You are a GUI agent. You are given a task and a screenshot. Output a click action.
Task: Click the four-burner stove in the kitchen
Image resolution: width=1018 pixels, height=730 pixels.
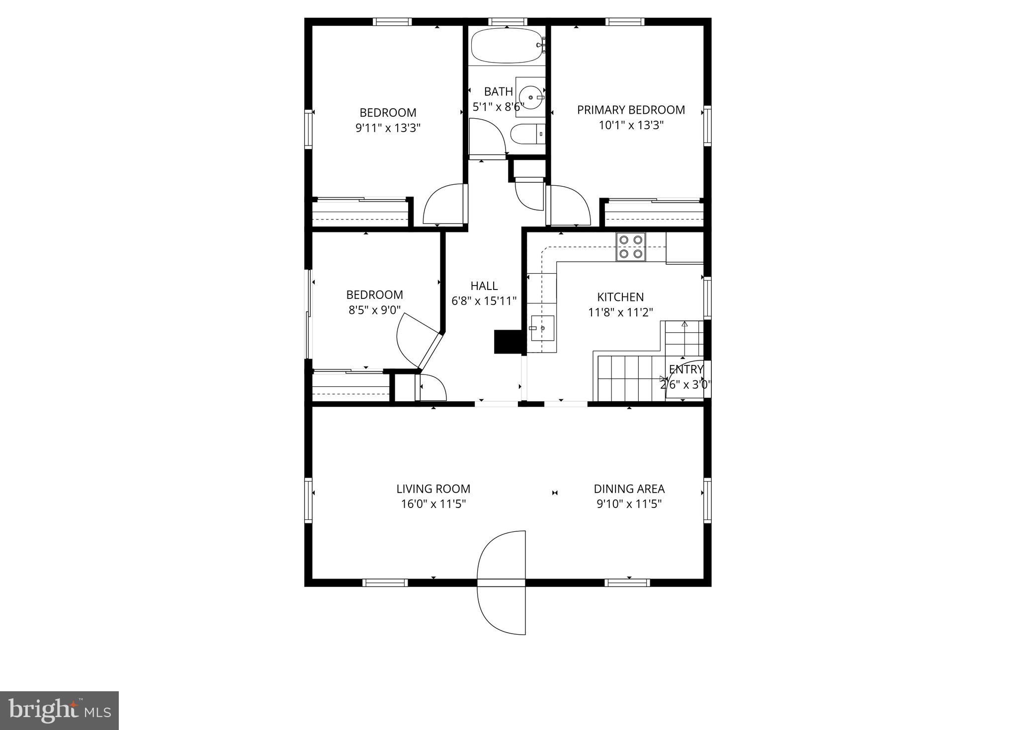631,247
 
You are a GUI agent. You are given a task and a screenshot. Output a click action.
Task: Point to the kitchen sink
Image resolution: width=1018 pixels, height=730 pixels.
542,328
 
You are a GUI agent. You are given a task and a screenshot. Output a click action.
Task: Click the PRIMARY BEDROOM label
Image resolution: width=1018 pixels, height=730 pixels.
631,110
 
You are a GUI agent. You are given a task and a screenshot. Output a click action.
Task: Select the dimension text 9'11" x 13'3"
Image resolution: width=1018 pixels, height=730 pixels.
388,128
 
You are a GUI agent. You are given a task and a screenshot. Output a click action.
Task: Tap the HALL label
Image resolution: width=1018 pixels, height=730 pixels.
484,286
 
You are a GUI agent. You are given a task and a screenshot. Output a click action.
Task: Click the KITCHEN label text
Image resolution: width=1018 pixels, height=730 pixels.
620,297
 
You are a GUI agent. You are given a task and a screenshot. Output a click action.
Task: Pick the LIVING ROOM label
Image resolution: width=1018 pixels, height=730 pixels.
433,489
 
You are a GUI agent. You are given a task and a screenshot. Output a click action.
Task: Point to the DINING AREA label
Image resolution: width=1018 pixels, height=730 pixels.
629,489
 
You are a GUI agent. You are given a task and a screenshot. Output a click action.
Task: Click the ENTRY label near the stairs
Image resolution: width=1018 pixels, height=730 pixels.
686,369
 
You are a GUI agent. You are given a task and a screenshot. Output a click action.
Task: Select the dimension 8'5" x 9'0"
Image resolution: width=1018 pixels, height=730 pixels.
374,310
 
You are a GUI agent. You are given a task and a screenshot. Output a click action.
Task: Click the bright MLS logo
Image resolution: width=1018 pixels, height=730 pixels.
59,711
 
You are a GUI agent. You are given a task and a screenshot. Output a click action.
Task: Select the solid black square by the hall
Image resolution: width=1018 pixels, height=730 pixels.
507,342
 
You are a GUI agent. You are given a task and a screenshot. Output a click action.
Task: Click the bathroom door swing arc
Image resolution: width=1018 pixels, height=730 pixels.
490,137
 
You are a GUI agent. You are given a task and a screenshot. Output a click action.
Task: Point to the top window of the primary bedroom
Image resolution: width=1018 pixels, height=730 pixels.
625,22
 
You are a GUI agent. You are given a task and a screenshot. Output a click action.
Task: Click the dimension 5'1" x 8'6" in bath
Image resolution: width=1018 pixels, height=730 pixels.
498,107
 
